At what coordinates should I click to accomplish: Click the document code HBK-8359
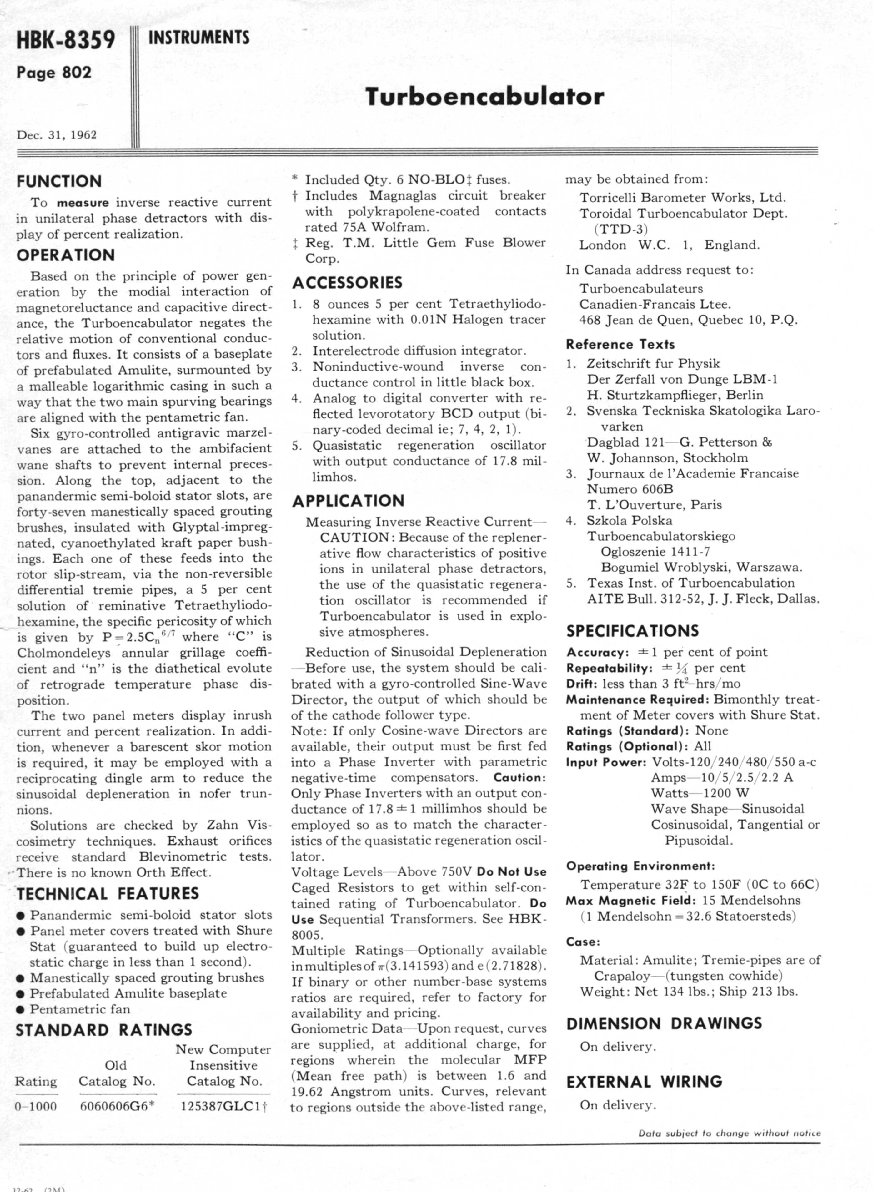click(x=66, y=40)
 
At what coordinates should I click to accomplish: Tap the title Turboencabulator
click(x=484, y=97)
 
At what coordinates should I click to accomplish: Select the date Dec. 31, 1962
click(x=57, y=135)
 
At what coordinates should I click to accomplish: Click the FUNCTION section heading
click(x=59, y=181)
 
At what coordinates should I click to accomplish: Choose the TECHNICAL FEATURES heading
click(x=107, y=894)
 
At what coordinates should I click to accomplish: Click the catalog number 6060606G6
click(x=116, y=1106)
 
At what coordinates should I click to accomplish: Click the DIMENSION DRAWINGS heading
click(x=664, y=1023)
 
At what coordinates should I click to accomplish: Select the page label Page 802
click(x=54, y=73)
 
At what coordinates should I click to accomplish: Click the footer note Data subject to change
click(x=729, y=1133)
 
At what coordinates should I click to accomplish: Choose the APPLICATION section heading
click(x=348, y=501)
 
